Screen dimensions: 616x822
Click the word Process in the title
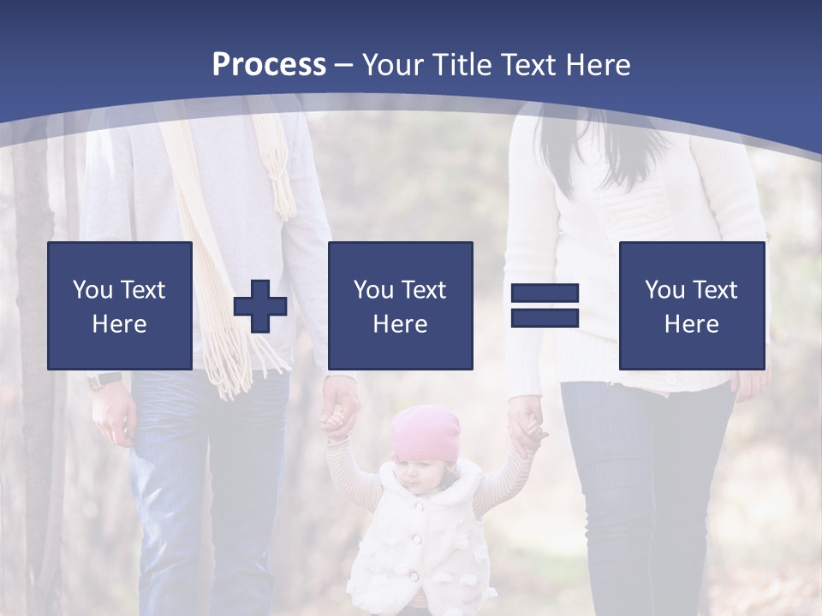269,65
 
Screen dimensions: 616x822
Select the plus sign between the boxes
260,306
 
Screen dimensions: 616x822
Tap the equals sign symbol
545,305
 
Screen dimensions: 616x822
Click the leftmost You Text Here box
120,305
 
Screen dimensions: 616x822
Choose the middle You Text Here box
401,305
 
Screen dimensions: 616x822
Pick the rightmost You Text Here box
692,305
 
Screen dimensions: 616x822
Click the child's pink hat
425,432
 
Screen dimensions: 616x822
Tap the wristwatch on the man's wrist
104,380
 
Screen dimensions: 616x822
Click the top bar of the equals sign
545,294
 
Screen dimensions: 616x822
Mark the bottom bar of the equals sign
545,317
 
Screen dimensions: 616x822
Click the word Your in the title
392,65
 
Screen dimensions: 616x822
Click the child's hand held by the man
335,421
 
